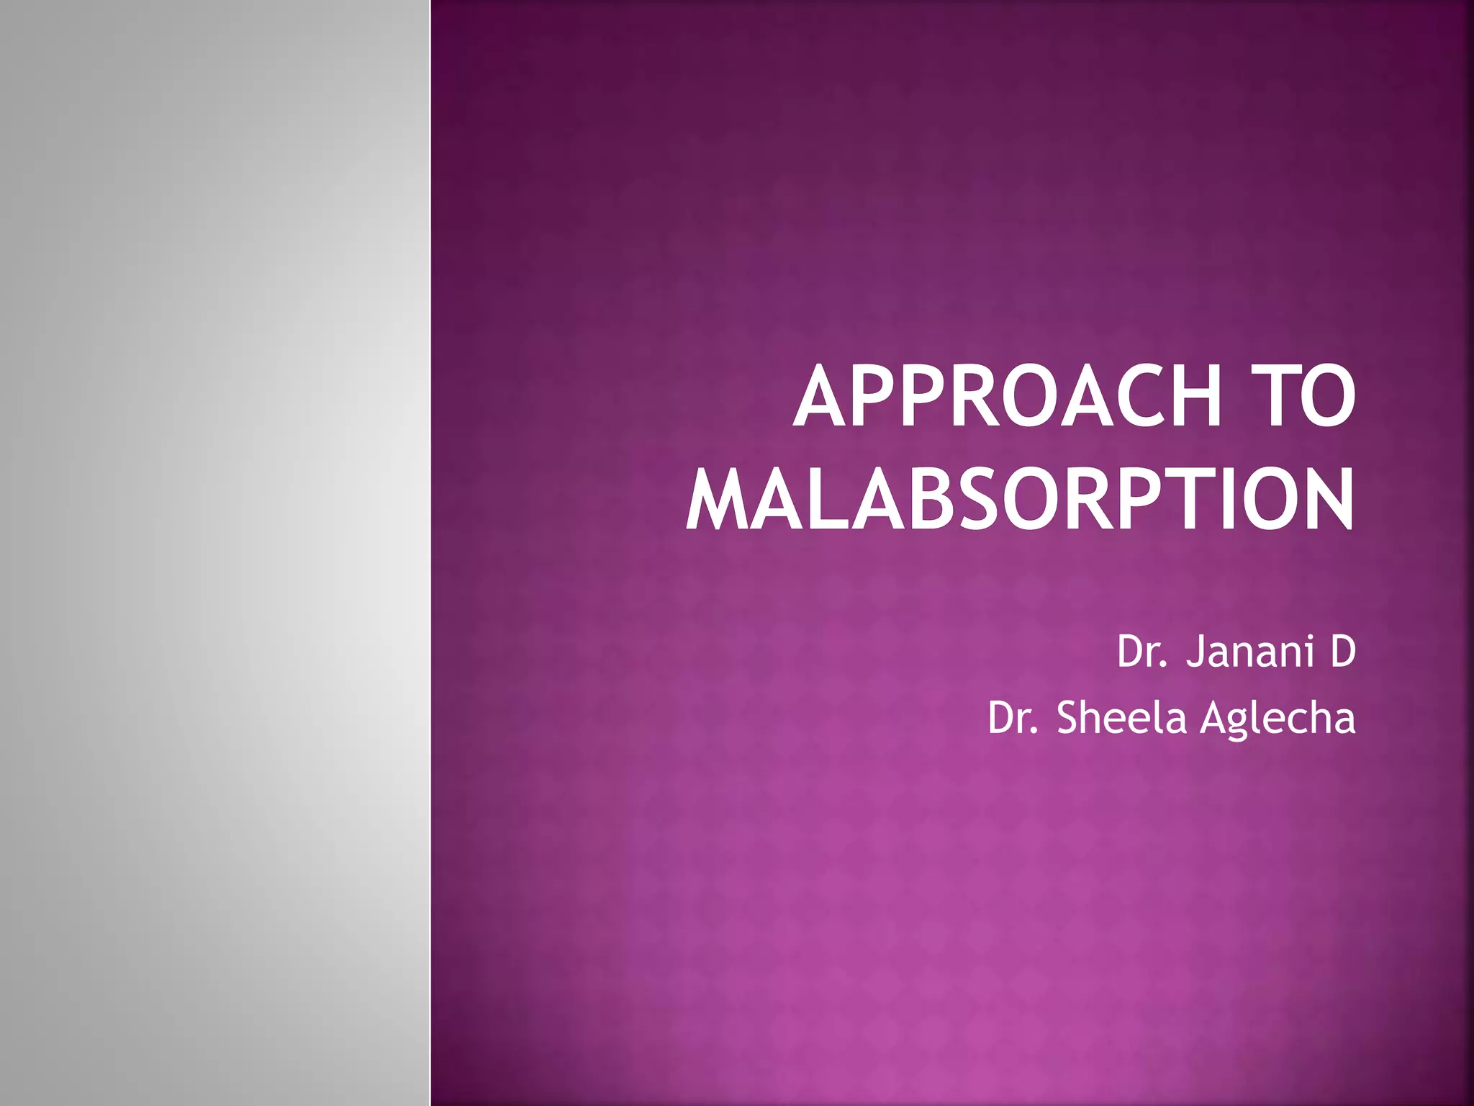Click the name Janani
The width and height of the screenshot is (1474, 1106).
[x=1249, y=651]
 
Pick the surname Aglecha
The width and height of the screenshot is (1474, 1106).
[x=1278, y=719]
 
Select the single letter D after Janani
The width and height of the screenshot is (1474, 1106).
[x=1343, y=651]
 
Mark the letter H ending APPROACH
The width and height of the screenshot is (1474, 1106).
[x=1192, y=397]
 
